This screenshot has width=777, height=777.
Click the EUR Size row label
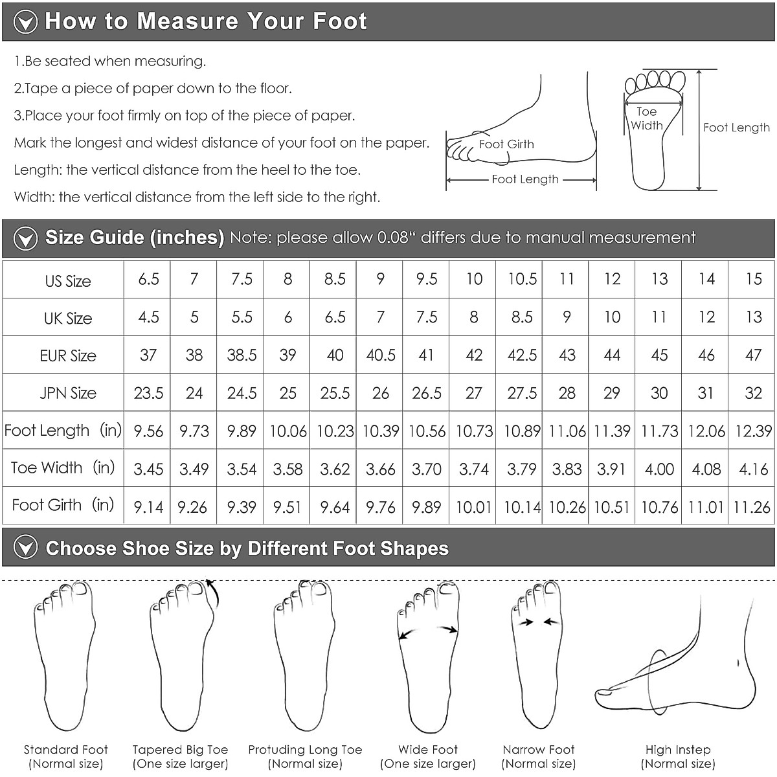point(68,355)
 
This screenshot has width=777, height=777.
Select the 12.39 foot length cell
point(753,431)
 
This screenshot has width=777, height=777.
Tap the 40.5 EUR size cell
point(381,355)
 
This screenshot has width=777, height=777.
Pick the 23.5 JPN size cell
point(148,393)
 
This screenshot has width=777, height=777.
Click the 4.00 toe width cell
point(659,469)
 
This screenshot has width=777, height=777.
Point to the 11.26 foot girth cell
point(752,506)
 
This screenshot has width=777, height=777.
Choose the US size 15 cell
point(753,280)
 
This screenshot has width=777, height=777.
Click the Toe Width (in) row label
point(62,468)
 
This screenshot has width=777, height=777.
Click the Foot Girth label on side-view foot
point(506,144)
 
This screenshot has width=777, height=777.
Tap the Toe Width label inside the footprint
point(646,118)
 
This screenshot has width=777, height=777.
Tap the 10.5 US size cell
point(522,280)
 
